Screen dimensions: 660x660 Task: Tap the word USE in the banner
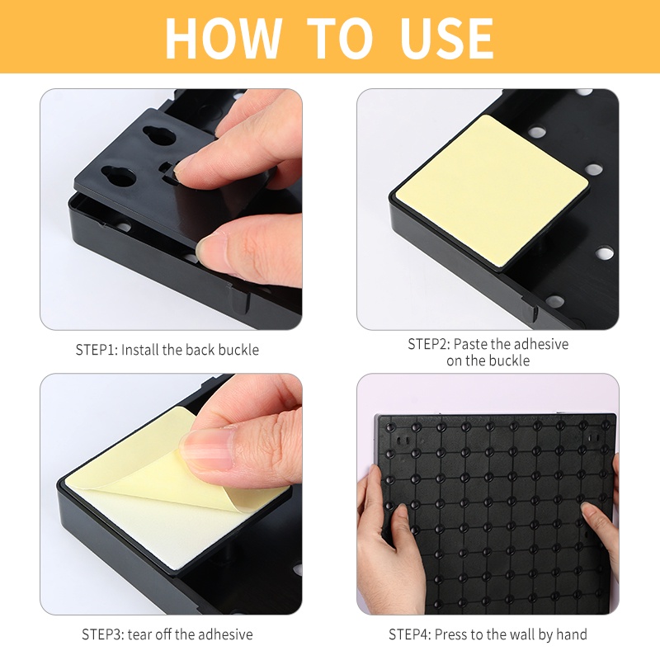tap(447, 38)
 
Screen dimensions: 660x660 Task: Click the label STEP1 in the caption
tap(97, 350)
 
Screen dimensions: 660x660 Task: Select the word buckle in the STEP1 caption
tap(238, 350)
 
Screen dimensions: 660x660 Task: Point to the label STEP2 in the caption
tap(429, 344)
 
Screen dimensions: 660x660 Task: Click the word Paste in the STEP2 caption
tap(470, 344)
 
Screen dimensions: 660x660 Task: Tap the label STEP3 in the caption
tap(102, 634)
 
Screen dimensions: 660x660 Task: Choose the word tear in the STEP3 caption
tap(140, 634)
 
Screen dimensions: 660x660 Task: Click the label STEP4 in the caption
tap(410, 634)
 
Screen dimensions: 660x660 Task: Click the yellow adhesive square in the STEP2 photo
tap(491, 190)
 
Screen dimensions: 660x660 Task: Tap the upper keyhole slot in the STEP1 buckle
tap(158, 134)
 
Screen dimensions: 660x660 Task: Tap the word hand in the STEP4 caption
tap(572, 634)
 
